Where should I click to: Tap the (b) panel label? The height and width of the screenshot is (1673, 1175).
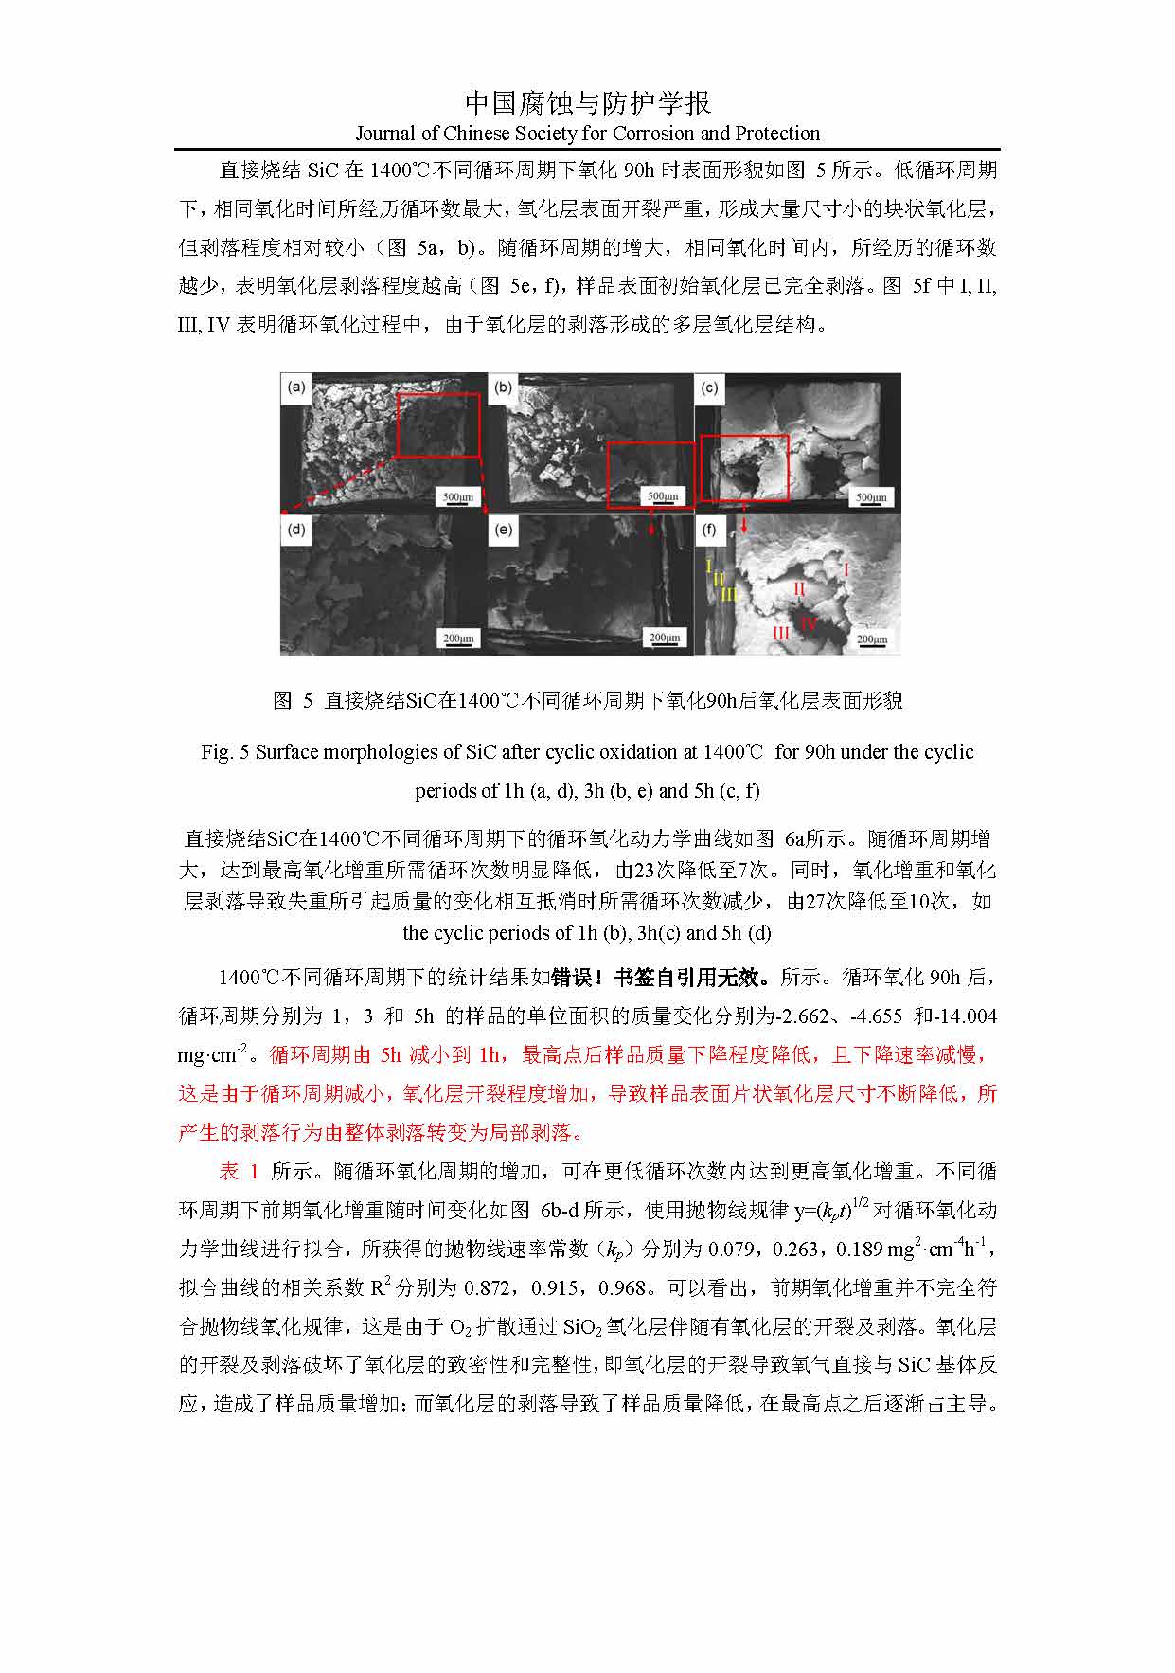[x=503, y=387]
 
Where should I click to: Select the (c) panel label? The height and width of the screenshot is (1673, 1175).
[x=709, y=387]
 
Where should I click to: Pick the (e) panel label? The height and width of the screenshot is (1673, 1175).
[x=503, y=529]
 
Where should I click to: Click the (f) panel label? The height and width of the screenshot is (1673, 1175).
[x=709, y=529]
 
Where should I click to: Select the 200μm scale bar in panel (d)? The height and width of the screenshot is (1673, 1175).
[x=457, y=639]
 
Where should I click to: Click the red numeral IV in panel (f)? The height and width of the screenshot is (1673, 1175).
[x=808, y=623]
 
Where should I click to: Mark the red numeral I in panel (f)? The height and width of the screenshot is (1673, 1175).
[x=846, y=569]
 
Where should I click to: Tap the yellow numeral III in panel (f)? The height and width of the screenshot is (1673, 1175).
[x=729, y=594]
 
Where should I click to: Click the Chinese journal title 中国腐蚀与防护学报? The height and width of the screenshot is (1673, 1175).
[x=588, y=102]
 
